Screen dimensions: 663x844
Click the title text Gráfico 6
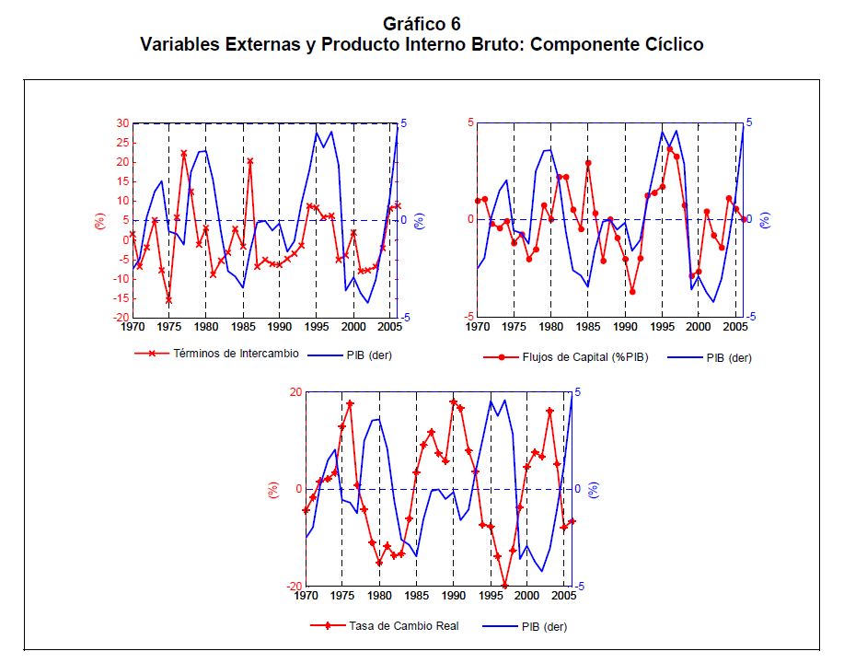coord(422,23)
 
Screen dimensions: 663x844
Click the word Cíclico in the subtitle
coord(668,43)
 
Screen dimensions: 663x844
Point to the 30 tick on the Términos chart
coord(121,122)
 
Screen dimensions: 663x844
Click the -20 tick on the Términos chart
coord(119,317)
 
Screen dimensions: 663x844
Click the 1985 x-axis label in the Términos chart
coord(243,326)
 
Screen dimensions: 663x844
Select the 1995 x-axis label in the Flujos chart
coord(662,326)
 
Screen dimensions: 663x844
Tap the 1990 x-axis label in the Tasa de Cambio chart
coord(453,596)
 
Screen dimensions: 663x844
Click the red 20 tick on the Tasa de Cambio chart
coord(295,391)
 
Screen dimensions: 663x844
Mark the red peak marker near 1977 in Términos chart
coord(184,154)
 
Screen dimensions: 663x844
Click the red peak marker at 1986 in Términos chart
coord(249,161)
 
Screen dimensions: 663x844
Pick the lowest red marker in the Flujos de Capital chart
coord(632,291)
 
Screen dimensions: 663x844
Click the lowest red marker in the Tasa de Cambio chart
coord(504,585)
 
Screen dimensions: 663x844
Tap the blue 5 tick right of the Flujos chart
coord(749,122)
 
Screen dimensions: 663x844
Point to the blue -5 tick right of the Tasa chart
coord(578,587)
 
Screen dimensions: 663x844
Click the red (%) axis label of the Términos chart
coord(99,221)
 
